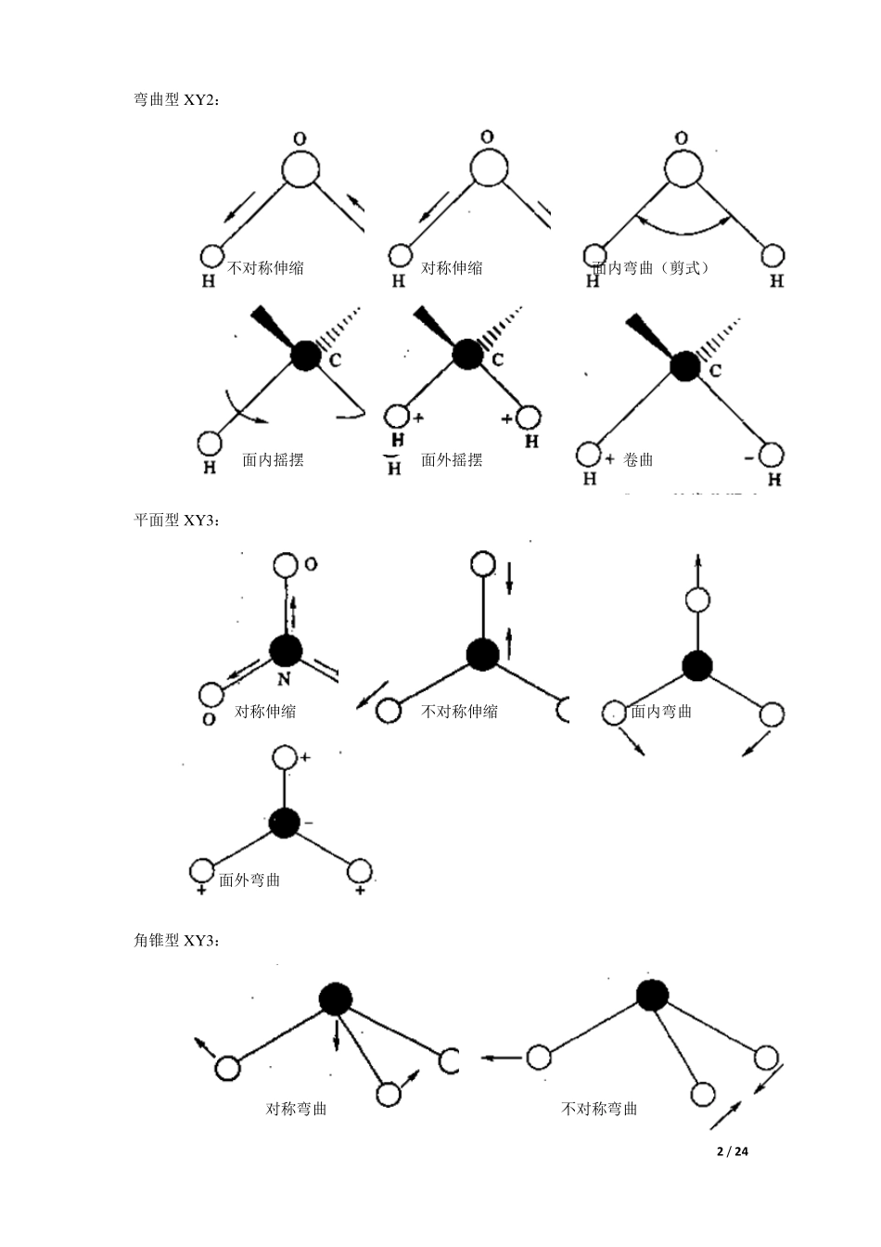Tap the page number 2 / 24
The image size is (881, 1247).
coord(732,1151)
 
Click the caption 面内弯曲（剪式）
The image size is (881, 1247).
coord(651,268)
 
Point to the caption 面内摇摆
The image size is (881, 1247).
coord(273,459)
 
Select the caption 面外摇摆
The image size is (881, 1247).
coord(452,459)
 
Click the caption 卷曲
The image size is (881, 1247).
coord(638,459)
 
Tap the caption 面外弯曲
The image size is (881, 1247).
coord(249,880)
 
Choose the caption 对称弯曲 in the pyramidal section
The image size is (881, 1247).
coord(296,1109)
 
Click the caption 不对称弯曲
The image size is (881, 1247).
coord(599,1109)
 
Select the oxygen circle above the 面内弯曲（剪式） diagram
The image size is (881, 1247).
coord(683,168)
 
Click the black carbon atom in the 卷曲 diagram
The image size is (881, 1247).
coord(684,366)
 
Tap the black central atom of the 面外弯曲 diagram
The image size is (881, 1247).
coord(285,821)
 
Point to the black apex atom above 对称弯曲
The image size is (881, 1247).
coord(335,998)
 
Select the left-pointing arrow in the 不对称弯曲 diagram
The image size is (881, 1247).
coord(500,1057)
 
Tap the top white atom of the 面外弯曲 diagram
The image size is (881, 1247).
coord(285,757)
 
